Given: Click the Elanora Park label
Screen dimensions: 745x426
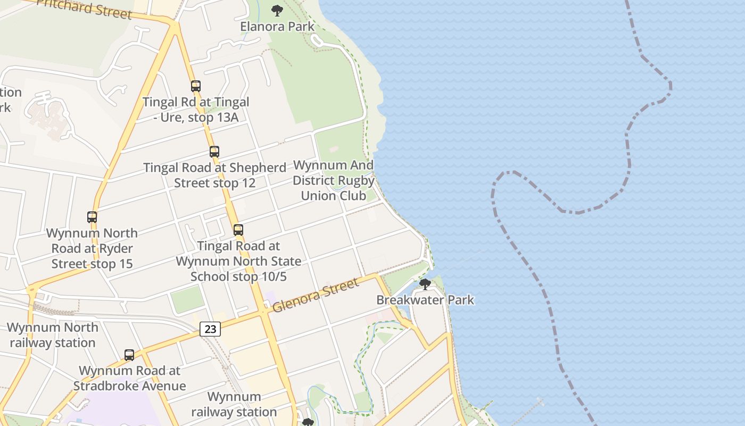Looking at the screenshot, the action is click(x=277, y=26).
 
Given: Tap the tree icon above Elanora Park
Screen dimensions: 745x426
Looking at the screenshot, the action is click(x=277, y=10).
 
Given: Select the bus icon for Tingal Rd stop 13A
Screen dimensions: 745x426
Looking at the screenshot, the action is click(x=196, y=86).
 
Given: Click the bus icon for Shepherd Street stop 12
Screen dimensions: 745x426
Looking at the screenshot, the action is click(x=214, y=152).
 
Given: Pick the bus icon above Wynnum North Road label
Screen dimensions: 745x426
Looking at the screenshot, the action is click(x=92, y=217).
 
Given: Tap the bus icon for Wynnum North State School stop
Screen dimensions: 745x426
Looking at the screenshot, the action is click(x=238, y=230).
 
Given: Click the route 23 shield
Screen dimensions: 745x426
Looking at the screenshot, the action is click(x=210, y=329).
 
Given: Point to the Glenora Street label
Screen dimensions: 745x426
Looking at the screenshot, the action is click(x=316, y=296).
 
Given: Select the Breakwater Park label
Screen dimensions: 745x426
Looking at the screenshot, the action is click(x=425, y=300).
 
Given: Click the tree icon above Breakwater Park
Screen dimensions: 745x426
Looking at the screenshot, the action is click(x=425, y=284).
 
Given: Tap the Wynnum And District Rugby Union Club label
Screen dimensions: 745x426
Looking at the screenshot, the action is click(x=334, y=181).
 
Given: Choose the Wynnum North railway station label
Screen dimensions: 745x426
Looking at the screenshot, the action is click(x=53, y=335).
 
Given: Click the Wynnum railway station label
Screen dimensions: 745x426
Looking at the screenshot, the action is click(x=234, y=404).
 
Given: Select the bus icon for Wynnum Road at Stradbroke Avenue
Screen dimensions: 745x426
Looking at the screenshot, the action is click(x=129, y=355).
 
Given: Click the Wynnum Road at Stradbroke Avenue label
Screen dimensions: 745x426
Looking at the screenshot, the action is click(x=130, y=378).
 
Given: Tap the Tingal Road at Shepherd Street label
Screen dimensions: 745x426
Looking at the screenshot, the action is click(x=214, y=175).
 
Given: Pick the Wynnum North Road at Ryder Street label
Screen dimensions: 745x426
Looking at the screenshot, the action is click(x=92, y=248).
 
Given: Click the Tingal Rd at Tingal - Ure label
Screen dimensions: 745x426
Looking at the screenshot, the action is click(x=196, y=109).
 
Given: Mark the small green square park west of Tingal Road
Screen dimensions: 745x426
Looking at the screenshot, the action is click(x=187, y=300).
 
